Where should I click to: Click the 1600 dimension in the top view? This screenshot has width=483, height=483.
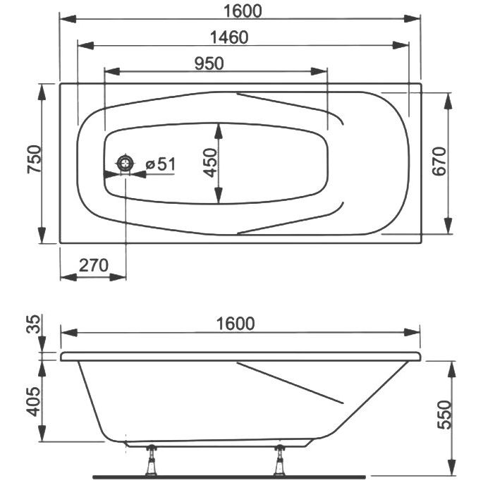[243, 11]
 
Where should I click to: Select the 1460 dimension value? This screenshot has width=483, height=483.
[229, 37]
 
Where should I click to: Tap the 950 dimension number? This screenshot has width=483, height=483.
[209, 63]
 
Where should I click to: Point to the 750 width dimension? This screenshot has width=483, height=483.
[34, 159]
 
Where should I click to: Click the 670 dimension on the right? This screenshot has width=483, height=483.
[439, 161]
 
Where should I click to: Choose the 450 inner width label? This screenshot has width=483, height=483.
[210, 163]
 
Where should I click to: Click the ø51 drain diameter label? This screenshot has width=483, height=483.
[161, 164]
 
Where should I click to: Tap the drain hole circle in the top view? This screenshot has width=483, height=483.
[125, 163]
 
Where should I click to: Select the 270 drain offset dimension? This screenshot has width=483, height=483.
[94, 265]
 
